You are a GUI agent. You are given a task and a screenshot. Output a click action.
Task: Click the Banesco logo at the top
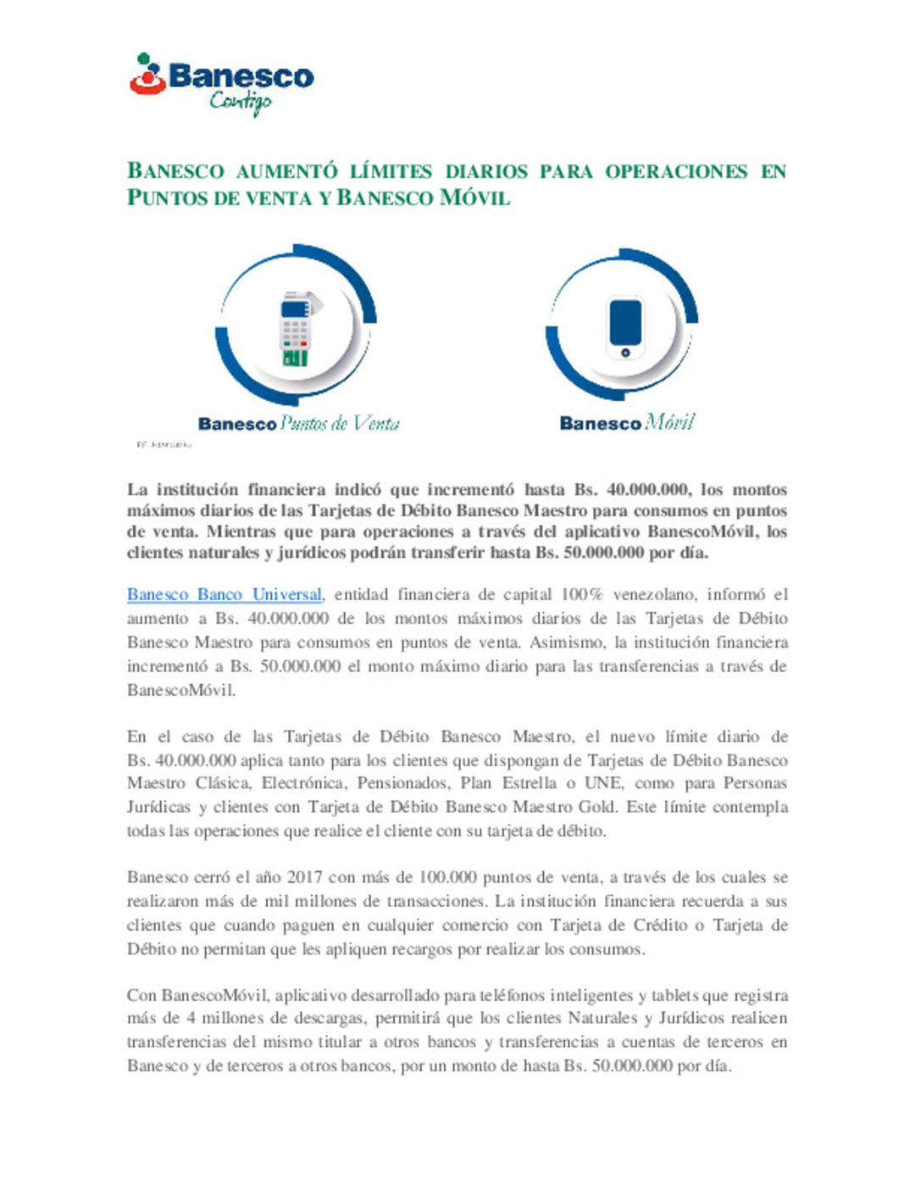tap(222, 76)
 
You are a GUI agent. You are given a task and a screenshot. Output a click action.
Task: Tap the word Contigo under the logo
tap(241, 103)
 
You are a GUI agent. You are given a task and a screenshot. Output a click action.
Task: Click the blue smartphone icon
tap(625, 327)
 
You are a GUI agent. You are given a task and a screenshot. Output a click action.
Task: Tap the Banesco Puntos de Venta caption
tap(298, 423)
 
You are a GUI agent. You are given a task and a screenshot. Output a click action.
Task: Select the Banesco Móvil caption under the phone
tap(627, 423)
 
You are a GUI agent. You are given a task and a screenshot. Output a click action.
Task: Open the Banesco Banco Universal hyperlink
tap(225, 595)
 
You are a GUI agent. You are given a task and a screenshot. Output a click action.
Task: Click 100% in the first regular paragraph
tap(581, 595)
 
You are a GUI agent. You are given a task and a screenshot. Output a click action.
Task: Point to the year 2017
tap(305, 877)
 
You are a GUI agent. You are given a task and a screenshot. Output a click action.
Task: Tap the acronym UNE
tap(602, 783)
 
